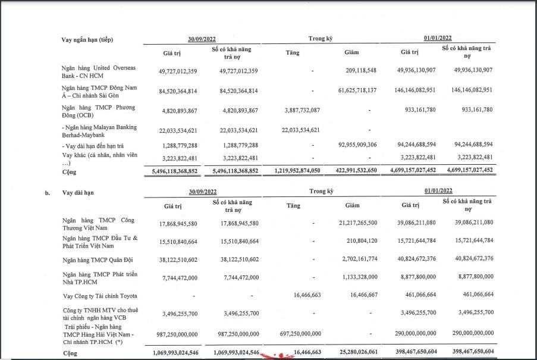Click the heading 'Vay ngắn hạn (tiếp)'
pos(87,40)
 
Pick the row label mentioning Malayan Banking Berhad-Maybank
pos(99,130)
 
